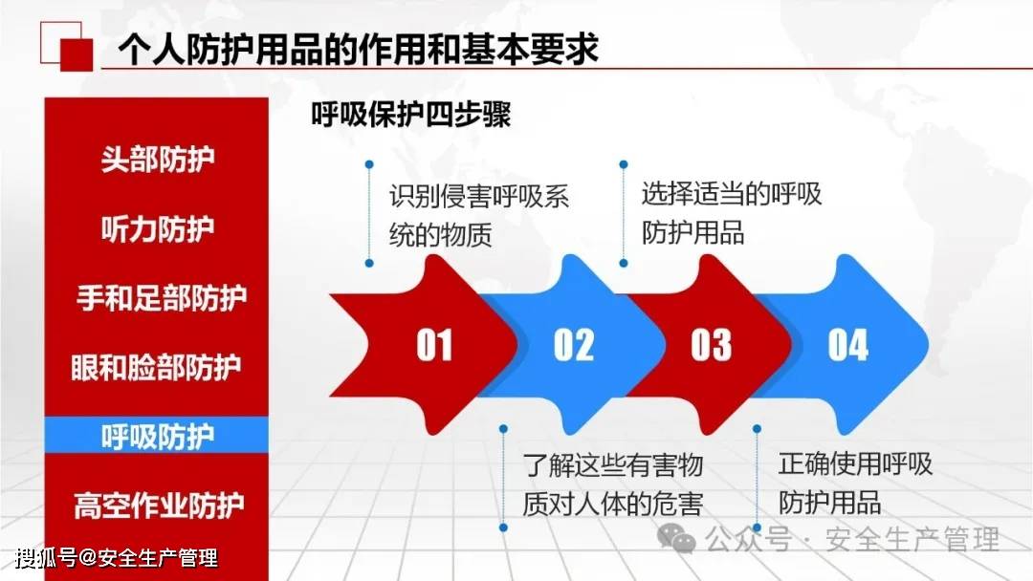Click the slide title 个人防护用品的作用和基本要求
point(359,50)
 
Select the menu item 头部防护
point(158,160)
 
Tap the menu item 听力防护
point(158,229)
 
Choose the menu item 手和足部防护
point(162,298)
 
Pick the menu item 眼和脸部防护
point(156,367)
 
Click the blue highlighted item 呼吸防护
point(158,437)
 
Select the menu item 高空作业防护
point(159,506)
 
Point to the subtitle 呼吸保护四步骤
point(411,115)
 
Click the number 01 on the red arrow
point(434,345)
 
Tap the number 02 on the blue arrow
point(574,345)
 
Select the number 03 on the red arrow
point(711,345)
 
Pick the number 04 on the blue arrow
point(847,345)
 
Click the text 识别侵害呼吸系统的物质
point(479,216)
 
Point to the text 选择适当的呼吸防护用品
point(732,213)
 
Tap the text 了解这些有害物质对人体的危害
point(613,484)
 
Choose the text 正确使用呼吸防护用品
point(855,483)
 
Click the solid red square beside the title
point(77,54)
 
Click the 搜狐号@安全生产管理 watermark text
point(116,559)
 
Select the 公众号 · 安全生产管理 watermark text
point(852,540)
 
